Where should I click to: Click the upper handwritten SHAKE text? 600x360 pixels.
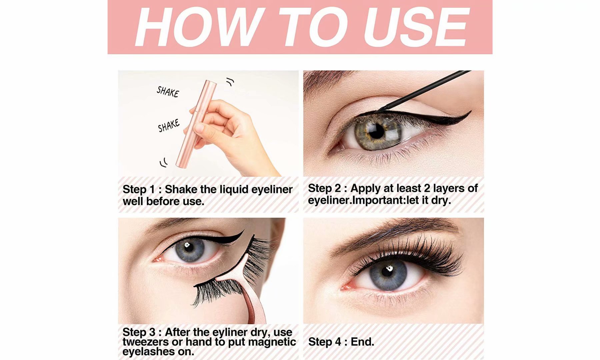tap(168, 92)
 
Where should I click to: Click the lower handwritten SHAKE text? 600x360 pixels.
tap(169, 125)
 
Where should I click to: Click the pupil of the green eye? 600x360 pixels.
tap(377, 132)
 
